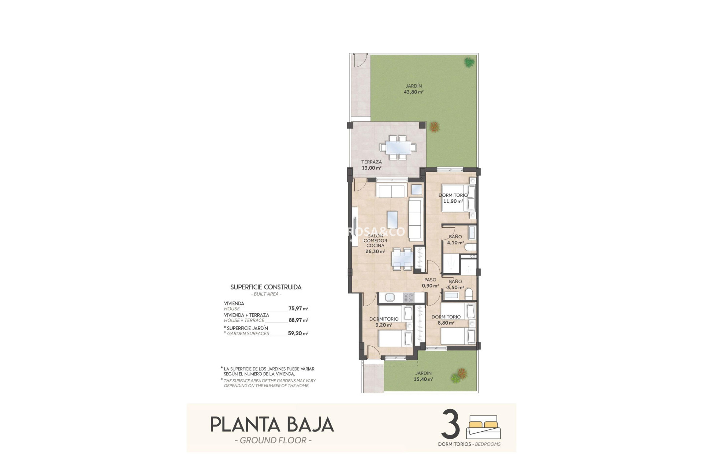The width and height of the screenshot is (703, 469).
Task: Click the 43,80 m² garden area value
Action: click(413, 92)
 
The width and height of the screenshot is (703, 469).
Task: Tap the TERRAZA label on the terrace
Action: click(371, 162)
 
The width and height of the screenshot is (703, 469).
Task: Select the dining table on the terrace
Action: click(398, 148)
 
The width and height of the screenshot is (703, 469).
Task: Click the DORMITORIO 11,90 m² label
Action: click(453, 198)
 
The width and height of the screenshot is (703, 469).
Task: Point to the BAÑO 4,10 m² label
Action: click(455, 240)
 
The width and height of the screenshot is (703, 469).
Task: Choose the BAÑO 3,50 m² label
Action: click(455, 284)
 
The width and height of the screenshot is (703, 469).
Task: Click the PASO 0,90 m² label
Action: click(430, 283)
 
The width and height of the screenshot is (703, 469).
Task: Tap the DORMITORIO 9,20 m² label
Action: click(384, 322)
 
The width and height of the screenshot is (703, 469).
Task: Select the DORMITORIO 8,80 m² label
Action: click(446, 320)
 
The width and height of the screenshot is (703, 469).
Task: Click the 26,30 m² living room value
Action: click(375, 252)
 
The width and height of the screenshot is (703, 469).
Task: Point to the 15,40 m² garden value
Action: click(423, 379)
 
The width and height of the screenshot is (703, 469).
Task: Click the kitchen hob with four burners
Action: click(408, 298)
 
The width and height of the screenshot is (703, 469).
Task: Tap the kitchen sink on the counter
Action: click(390, 298)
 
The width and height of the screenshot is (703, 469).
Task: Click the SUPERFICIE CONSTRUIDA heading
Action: click(266, 287)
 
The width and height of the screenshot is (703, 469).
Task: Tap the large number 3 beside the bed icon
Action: click(450, 425)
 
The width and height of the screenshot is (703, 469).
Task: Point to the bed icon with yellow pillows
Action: click(483, 427)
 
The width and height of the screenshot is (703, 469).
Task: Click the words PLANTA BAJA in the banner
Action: click(272, 425)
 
